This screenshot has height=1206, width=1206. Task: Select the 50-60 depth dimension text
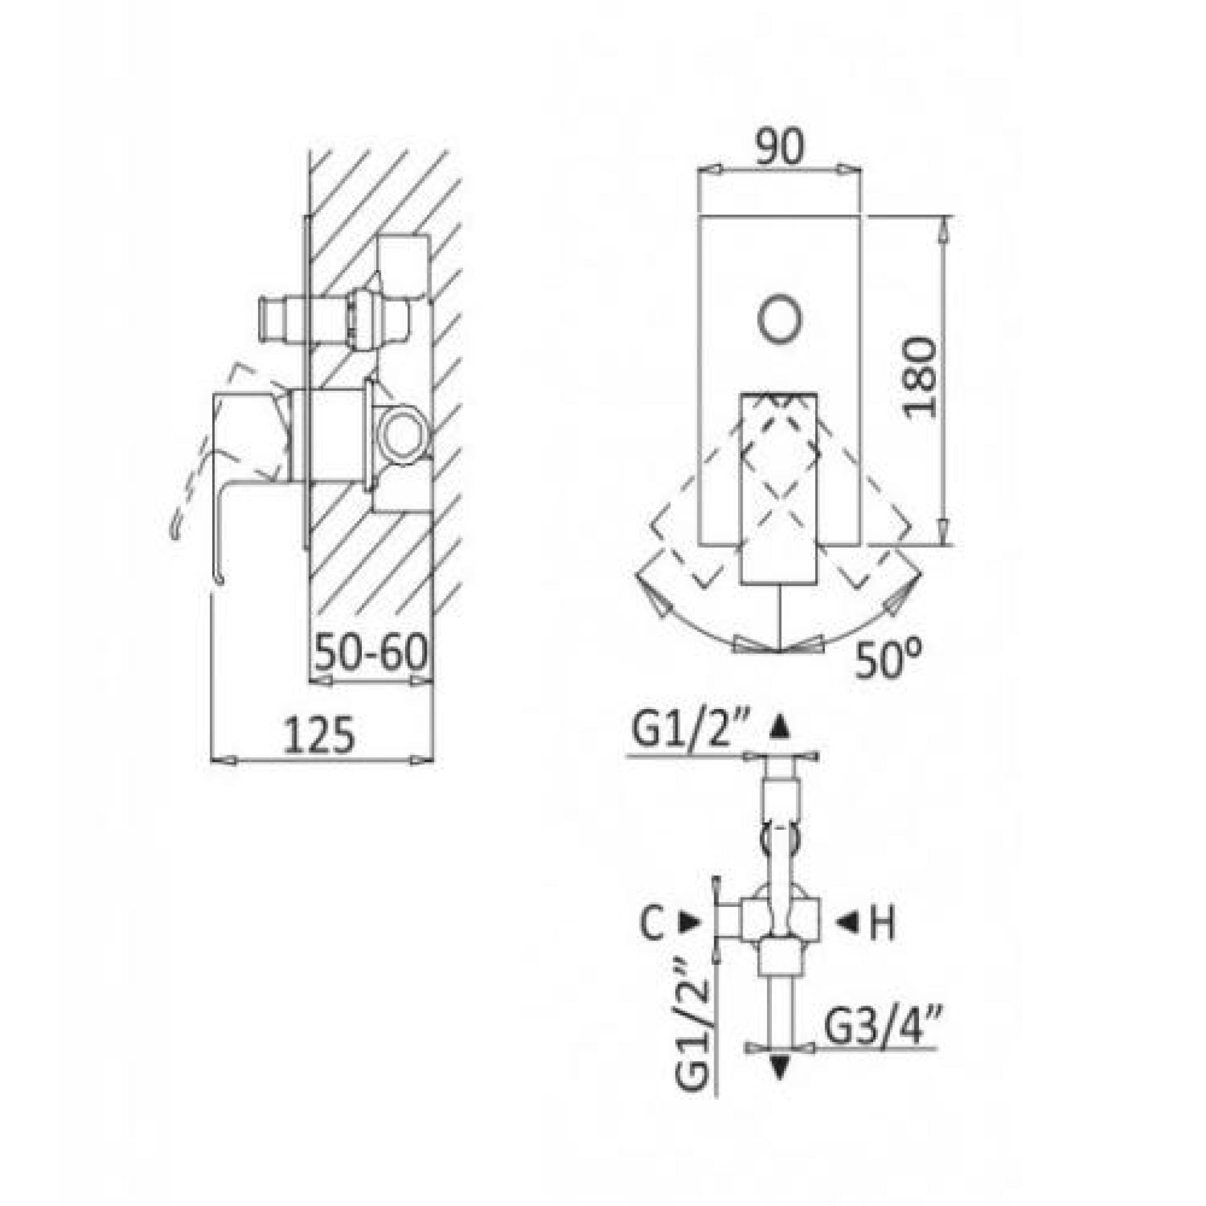[x=371, y=653]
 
